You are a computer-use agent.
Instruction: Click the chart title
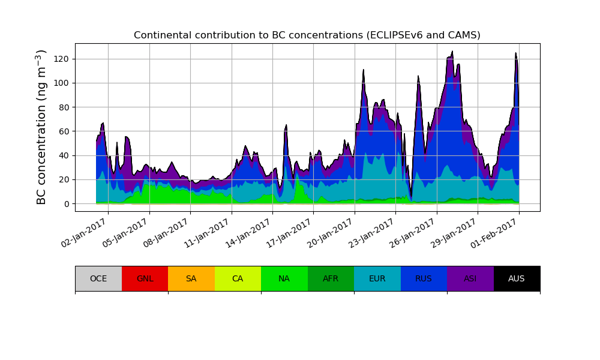coord(307,35)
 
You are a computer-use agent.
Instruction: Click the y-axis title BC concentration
coord(42,127)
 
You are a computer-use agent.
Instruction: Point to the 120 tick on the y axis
coord(64,59)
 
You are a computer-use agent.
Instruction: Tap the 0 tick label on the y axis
coord(66,204)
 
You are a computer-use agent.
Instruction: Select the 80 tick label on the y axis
coord(64,107)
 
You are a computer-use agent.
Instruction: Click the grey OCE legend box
coord(98,278)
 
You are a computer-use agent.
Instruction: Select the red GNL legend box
coord(145,278)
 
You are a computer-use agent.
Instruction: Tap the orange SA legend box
coord(191,278)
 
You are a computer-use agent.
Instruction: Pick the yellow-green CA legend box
coord(238,278)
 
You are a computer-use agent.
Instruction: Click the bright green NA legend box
coord(284,278)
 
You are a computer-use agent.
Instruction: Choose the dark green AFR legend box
coord(331,278)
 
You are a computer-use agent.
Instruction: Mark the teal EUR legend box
coord(377,278)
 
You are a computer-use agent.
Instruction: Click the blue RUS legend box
coord(424,278)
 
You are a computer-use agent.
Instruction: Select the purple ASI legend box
coord(470,278)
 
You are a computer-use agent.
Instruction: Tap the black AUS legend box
coord(517,278)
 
